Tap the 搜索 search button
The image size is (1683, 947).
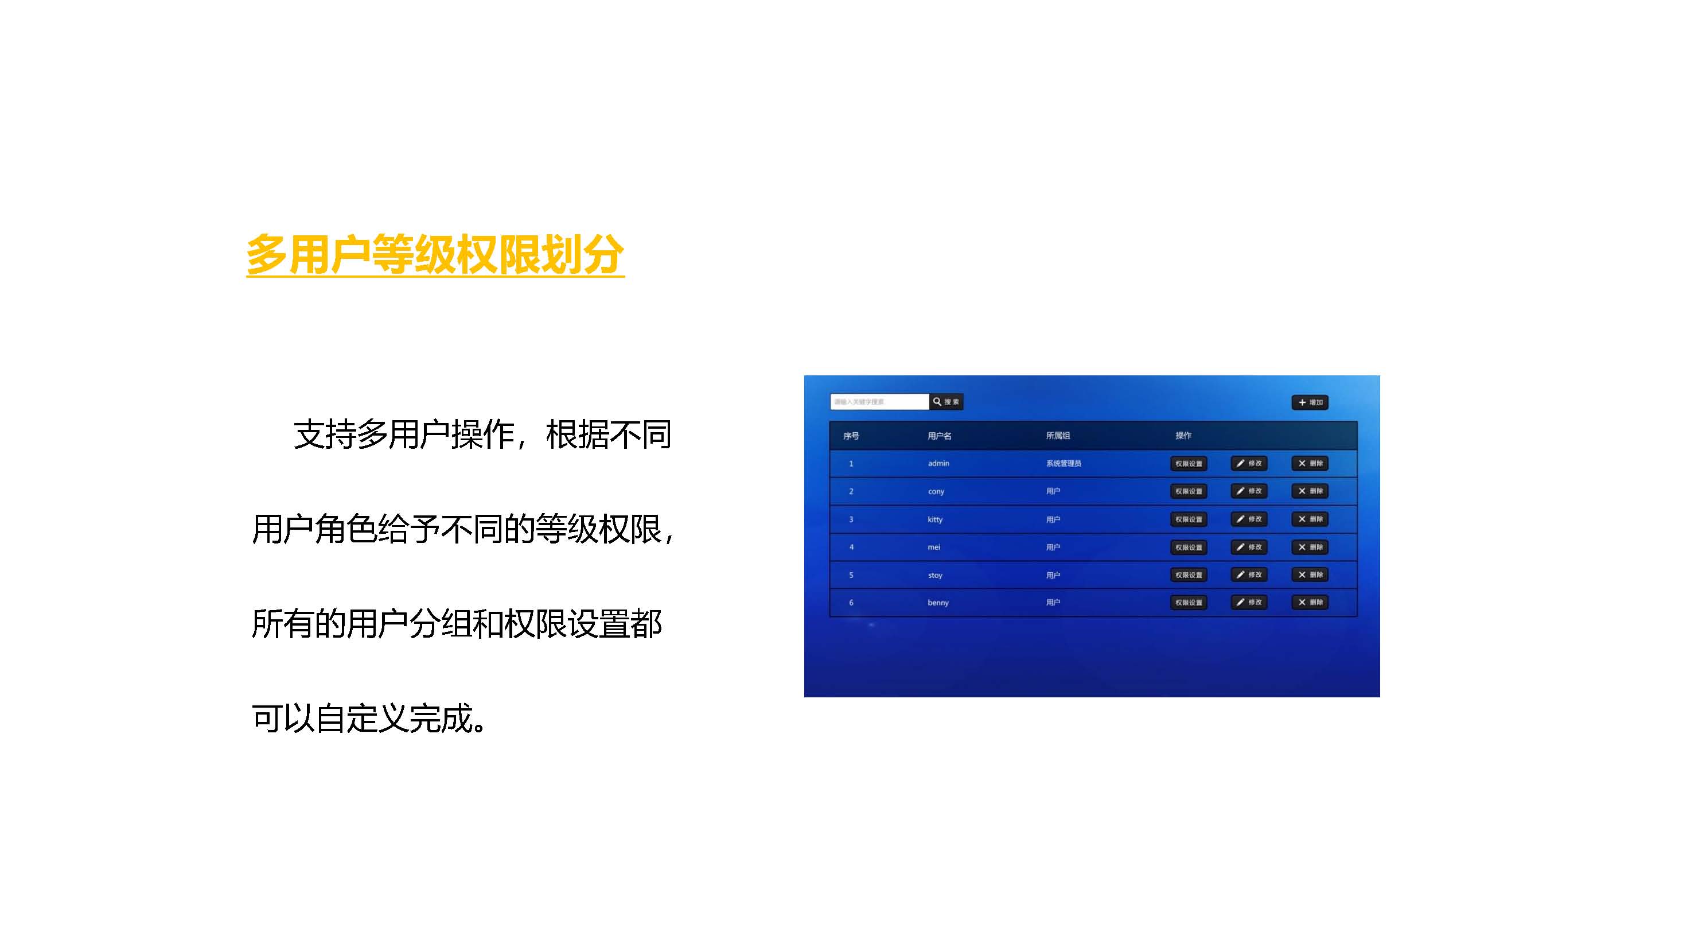[945, 401]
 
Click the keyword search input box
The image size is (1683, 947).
[879, 401]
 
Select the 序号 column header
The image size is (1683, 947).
[851, 436]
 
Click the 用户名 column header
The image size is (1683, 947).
[939, 436]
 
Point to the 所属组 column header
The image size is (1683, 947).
[1057, 436]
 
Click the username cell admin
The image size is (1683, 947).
[938, 463]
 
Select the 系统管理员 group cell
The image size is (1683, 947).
[1063, 463]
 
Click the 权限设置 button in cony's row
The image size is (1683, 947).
[1188, 491]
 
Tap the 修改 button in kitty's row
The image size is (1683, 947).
[1249, 519]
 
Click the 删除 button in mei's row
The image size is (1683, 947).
[1310, 547]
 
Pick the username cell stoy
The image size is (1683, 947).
[935, 575]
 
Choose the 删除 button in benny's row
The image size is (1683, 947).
[1310, 602]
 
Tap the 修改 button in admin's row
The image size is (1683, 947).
[1249, 463]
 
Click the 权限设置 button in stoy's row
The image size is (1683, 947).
[1188, 575]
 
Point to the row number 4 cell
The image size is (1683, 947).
[851, 547]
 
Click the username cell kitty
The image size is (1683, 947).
[935, 519]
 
